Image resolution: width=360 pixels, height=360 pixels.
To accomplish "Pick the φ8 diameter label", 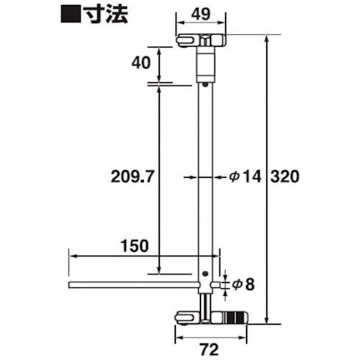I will click(244, 284).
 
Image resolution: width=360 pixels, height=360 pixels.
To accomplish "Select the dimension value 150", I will click(135, 245).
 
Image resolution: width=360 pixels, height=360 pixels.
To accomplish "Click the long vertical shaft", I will click(207, 173).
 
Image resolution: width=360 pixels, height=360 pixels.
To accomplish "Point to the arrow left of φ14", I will click(190, 176).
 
